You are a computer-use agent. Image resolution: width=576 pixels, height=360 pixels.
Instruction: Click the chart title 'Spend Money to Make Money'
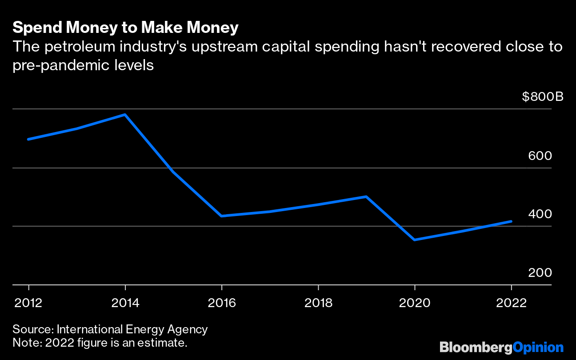[125, 28]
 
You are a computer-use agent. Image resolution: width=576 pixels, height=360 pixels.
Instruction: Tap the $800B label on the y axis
[543, 96]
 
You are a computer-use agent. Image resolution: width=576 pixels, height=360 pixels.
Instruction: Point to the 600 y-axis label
[540, 156]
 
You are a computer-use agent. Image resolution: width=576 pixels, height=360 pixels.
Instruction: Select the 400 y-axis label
[540, 214]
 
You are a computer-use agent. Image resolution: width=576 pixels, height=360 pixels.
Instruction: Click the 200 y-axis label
[540, 272]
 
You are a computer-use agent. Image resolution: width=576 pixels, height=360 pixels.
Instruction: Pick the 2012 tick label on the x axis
[29, 303]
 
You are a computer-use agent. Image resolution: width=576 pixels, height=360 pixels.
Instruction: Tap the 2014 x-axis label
[125, 303]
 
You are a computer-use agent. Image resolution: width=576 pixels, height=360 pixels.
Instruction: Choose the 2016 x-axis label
[222, 303]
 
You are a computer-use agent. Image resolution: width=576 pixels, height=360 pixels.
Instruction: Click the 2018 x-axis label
[318, 303]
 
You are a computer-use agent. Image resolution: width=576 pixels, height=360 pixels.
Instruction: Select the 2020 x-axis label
[415, 303]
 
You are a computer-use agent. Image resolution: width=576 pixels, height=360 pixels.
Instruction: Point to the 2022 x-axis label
[511, 303]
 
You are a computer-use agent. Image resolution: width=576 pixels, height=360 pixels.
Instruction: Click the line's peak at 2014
[125, 115]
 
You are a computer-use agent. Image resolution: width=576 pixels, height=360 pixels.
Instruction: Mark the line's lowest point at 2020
[415, 240]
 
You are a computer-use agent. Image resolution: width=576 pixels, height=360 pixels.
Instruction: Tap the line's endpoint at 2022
[511, 221]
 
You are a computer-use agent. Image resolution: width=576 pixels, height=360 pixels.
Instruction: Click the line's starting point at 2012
[29, 139]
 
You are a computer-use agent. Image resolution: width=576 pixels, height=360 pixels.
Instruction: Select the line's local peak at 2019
[366, 196]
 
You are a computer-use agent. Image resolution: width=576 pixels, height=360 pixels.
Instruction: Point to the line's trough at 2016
[222, 216]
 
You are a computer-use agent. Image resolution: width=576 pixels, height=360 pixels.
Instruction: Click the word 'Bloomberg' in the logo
[476, 347]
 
